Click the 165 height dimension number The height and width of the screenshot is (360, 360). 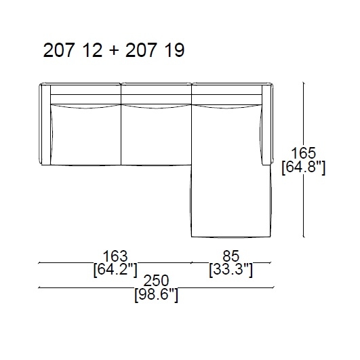(x=303, y=153)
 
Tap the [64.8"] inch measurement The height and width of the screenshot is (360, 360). (x=303, y=167)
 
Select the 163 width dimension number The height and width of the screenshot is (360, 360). (x=115, y=256)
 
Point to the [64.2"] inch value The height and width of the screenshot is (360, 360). (x=115, y=270)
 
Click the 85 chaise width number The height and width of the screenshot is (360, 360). (x=231, y=256)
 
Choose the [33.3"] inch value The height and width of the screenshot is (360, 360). (x=231, y=270)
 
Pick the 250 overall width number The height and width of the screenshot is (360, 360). (x=156, y=280)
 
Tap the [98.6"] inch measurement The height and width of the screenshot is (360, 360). (x=156, y=295)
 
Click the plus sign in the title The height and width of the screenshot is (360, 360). (x=114, y=52)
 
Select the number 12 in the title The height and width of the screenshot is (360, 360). (x=92, y=51)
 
